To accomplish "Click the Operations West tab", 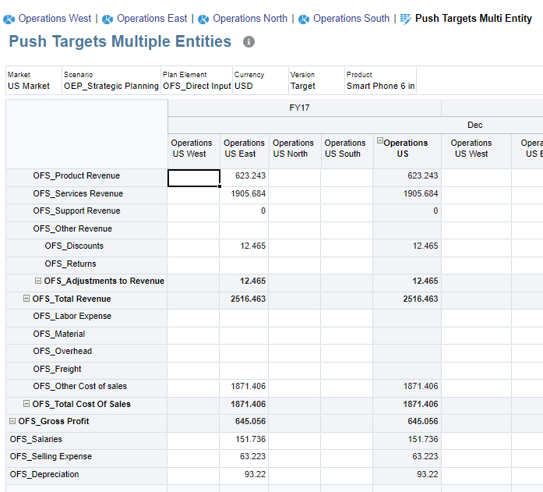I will (54, 18).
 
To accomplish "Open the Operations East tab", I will (151, 18).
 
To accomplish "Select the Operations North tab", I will (249, 18).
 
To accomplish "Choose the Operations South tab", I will (351, 18).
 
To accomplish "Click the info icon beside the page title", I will (249, 42).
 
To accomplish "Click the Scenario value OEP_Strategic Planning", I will (111, 86).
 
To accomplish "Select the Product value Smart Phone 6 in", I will (380, 86).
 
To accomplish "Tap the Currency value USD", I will (244, 86).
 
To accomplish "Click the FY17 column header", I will (299, 108).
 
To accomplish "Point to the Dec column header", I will (474, 125).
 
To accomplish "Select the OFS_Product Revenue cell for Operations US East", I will (244, 176).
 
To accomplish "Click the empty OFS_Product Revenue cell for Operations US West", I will (193, 177).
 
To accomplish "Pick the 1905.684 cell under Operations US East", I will (244, 194).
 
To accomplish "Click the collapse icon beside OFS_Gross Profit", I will (12, 422).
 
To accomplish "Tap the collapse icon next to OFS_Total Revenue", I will (26, 299).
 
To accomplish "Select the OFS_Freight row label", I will (57, 369).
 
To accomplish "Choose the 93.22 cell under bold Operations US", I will (406, 475).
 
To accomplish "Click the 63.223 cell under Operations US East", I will (244, 457).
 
